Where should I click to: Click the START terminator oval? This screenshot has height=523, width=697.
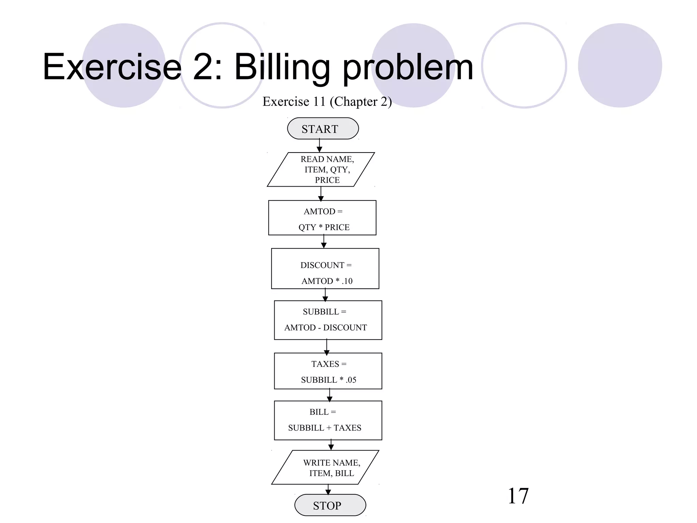click(323, 129)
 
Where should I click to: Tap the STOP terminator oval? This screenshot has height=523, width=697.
click(330, 505)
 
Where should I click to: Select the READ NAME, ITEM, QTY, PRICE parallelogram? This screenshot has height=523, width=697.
click(321, 170)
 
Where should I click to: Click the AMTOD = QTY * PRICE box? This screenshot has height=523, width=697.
click(322, 218)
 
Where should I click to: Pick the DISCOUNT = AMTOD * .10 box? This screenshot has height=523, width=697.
click(325, 269)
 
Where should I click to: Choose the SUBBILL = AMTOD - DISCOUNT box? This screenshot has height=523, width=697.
click(328, 320)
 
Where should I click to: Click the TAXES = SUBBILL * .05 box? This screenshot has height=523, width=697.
click(328, 371)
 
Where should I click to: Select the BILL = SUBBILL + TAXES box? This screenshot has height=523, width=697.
click(328, 421)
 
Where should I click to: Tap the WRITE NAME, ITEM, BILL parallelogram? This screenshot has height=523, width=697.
click(325, 467)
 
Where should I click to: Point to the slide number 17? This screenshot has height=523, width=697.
click(518, 496)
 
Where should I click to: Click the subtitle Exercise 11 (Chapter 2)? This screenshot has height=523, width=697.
click(327, 101)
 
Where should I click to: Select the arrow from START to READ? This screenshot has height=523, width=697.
click(319, 146)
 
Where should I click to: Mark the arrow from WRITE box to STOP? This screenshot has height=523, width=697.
click(328, 490)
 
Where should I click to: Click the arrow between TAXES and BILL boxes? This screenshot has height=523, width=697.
click(329, 395)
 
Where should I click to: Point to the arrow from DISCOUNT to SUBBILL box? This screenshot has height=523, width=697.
click(325, 295)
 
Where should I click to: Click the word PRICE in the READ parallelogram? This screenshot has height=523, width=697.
click(327, 180)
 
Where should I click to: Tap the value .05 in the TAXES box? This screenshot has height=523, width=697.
click(351, 380)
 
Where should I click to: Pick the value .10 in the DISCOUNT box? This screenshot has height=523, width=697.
click(347, 281)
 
